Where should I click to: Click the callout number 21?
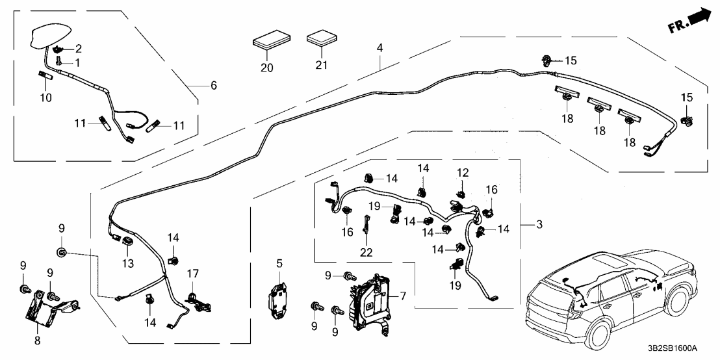[x=321, y=65]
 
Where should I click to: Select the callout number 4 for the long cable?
[x=379, y=48]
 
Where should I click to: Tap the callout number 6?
[x=213, y=85]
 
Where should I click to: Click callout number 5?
[x=279, y=263]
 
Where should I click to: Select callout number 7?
[x=404, y=296]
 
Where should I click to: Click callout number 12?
[x=462, y=173]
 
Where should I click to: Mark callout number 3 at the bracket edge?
[x=539, y=225]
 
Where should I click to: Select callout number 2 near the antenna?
[x=78, y=48]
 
